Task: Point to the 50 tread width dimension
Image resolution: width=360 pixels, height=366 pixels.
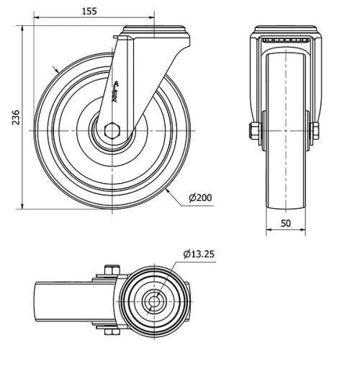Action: pos(286,223)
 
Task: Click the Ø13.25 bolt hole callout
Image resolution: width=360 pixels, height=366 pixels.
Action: pos(198,254)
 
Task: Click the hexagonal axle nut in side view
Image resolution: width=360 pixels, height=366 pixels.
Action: pos(112,130)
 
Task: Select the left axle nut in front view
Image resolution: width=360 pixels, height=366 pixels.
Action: pos(253,131)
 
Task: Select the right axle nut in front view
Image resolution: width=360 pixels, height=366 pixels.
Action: pos(315,131)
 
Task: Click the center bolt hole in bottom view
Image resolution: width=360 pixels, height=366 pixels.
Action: pos(151,300)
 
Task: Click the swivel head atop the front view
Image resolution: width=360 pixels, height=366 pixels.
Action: pos(285,34)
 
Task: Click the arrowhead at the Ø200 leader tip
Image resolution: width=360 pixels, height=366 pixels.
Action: pos(167,192)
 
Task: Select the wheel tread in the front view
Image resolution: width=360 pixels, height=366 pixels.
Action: pos(285,130)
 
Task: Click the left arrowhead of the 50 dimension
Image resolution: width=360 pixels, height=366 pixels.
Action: pos(269,232)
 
